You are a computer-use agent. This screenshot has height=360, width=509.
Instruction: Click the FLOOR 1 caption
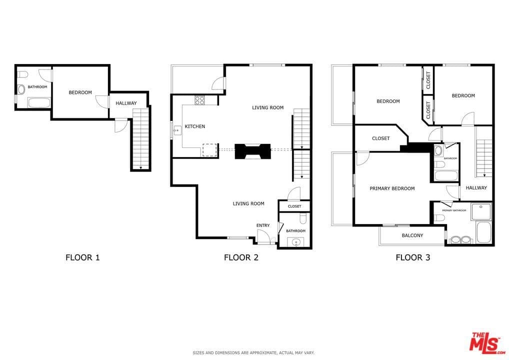click(82, 257)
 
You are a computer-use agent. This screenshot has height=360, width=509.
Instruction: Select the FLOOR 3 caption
click(412, 257)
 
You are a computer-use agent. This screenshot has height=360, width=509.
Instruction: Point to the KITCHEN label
click(194, 126)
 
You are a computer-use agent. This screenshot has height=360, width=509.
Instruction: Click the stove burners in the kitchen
click(199, 99)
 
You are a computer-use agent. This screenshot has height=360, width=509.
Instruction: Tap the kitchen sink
click(176, 131)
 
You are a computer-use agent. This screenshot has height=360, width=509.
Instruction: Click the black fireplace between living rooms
click(252, 151)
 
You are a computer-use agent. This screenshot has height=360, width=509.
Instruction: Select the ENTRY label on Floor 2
click(263, 225)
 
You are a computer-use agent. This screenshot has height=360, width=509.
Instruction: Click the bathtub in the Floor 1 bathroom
click(38, 103)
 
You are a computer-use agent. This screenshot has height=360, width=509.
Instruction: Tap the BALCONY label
click(412, 235)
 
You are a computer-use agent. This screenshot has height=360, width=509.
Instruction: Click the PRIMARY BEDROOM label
click(392, 188)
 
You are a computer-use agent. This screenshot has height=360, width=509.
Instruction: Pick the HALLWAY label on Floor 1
click(126, 103)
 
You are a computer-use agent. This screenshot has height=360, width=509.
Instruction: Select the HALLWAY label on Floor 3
click(476, 188)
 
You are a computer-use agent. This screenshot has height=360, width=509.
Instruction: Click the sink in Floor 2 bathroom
click(296, 242)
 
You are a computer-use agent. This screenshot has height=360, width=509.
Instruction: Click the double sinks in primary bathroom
click(460, 239)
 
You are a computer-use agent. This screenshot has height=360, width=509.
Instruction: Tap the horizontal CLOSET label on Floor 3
click(380, 138)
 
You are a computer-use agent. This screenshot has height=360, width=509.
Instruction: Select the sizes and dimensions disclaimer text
click(253, 352)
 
